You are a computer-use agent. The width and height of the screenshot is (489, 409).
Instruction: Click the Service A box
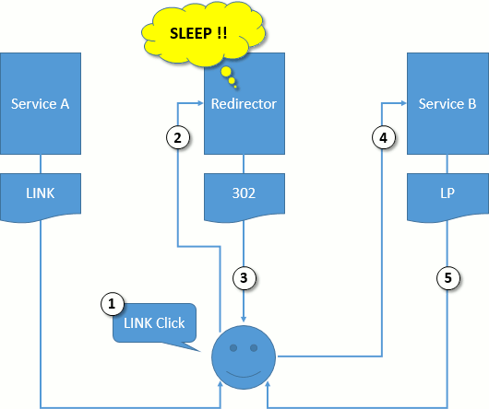pos(41,103)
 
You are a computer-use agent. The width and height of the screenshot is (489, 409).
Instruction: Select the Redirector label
pos(244,104)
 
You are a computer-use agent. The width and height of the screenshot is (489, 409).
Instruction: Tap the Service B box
pos(447,103)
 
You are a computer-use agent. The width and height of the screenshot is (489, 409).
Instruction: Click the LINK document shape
pos(41,197)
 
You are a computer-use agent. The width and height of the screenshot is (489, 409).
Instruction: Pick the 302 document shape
pos(244,197)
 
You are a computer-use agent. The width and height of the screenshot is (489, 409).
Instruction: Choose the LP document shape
pos(447,197)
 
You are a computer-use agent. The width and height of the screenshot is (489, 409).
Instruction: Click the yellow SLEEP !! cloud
pos(203,33)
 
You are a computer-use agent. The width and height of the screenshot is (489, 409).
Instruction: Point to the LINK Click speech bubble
pos(155,323)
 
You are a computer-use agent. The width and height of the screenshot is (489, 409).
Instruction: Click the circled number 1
pos(113,303)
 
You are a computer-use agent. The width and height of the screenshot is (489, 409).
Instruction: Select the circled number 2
pos(178,137)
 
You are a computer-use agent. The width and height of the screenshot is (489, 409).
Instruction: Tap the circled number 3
pos(244,278)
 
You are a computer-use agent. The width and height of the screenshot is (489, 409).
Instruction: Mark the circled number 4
pos(384,137)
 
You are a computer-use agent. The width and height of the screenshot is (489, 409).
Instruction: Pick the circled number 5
pos(447,278)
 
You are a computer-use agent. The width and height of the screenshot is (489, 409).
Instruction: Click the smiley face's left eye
pos(233,347)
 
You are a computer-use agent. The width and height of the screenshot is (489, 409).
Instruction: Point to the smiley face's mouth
pos(244,374)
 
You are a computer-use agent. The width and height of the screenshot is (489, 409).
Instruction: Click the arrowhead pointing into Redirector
pos(200,103)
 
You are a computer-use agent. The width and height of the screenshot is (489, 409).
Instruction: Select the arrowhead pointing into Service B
pos(404,103)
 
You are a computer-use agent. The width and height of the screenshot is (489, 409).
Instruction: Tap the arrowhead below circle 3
pos(244,319)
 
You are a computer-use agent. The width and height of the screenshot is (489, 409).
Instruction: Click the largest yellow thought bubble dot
pos(226,72)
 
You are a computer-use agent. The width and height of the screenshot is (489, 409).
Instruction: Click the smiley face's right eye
pos(254,347)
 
